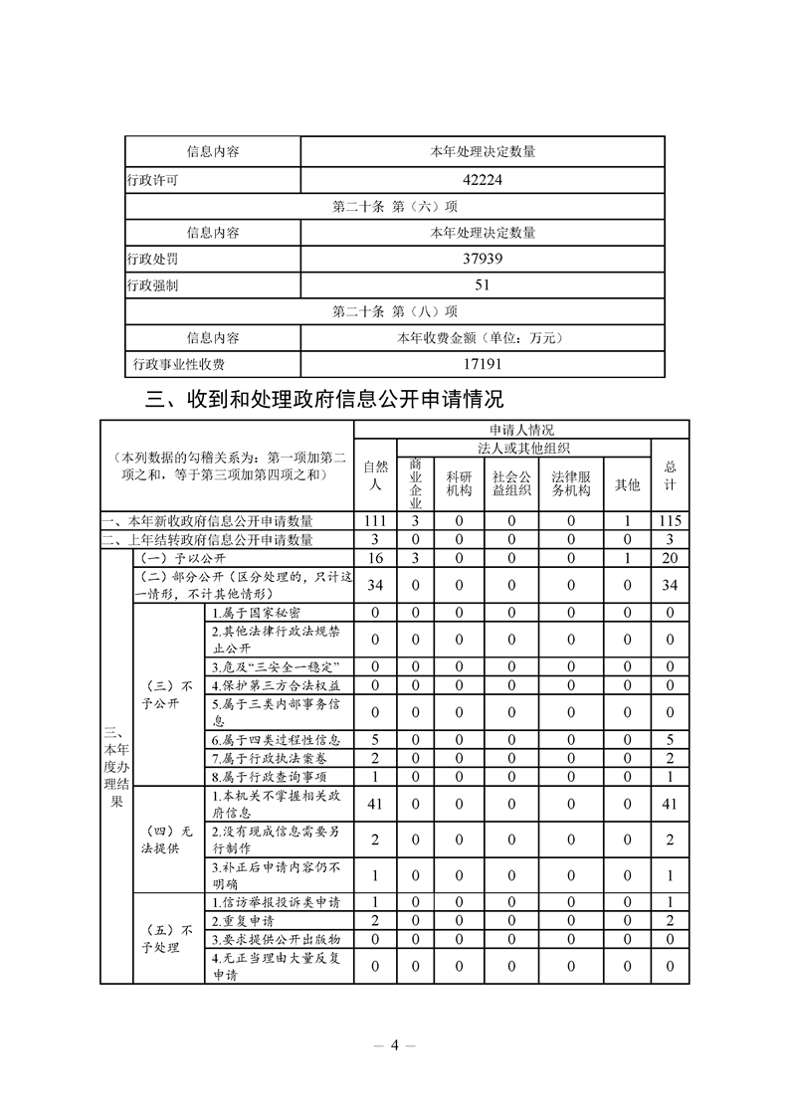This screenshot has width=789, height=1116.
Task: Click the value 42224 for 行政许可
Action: pos(483,181)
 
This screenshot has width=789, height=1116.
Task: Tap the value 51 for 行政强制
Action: pos(483,285)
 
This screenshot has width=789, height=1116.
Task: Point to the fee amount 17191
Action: pos(483,365)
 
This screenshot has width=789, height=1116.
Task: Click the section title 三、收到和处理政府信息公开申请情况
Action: pos(325,400)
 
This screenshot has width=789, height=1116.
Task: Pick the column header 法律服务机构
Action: pos(571,483)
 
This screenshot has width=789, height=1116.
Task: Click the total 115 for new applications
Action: pos(671,521)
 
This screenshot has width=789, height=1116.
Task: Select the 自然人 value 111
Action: pos(375,521)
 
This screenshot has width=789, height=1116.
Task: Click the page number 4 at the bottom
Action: pos(394,1044)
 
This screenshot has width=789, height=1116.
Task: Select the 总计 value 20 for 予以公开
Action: pos(671,558)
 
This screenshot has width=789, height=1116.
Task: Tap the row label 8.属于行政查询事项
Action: pos(270,776)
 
